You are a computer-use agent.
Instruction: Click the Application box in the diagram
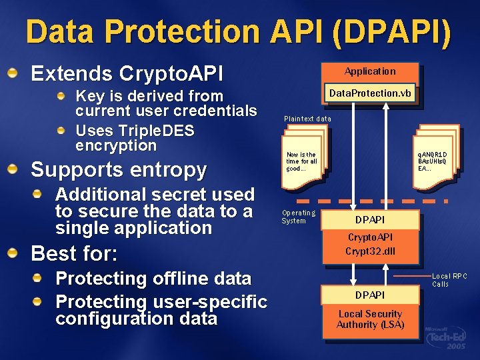coord(369,71)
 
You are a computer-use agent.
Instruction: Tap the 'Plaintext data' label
coord(307,119)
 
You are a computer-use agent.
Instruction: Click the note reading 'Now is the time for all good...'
coord(301,161)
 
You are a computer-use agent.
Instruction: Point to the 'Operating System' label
coord(298,217)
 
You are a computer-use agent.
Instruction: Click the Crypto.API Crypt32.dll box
coord(369,244)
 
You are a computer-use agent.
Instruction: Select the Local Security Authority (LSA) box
coord(370,319)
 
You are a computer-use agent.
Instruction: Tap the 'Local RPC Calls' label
coord(449,280)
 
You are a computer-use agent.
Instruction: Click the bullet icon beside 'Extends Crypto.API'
coord(13,72)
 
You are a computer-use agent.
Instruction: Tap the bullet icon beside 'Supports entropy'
coord(13,169)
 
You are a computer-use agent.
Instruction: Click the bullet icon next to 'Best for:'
coord(13,253)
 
